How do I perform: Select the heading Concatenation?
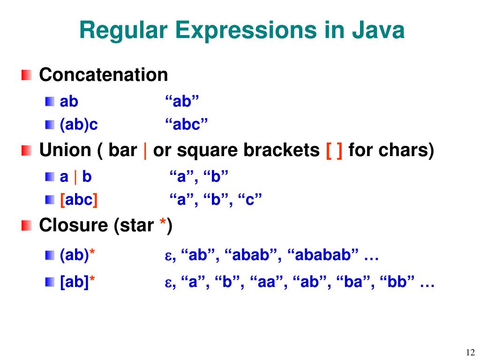click(103, 75)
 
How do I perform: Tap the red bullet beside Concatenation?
click(26, 75)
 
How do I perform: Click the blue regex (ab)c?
click(79, 125)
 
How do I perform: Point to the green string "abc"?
click(186, 125)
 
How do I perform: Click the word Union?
click(65, 150)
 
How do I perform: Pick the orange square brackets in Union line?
click(334, 150)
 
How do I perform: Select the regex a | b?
click(75, 177)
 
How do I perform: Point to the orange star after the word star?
click(163, 225)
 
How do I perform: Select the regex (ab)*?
click(77, 255)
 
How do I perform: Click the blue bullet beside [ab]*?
click(50, 282)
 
